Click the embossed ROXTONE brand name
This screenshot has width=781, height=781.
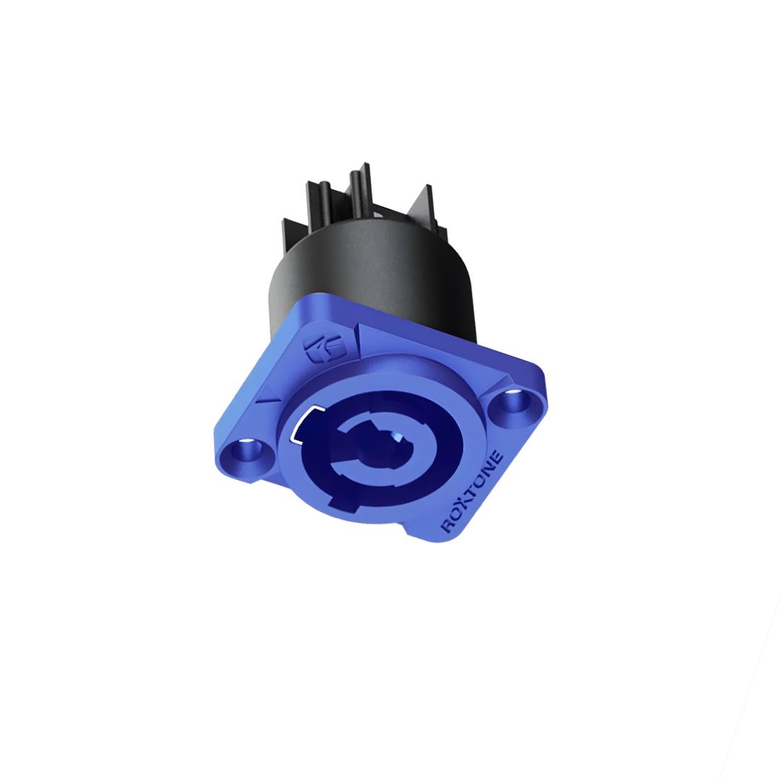tap(473, 492)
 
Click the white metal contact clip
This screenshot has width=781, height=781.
tap(304, 424)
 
